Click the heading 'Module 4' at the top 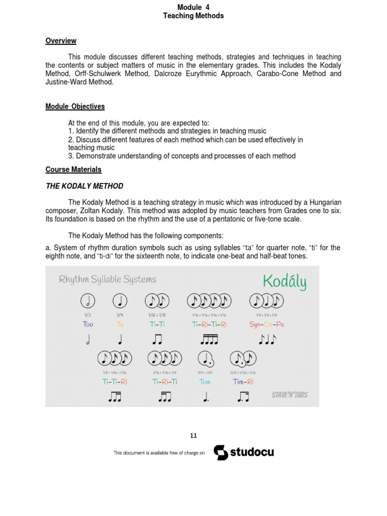click(x=193, y=7)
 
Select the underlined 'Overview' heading click(x=61, y=41)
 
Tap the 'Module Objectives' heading click(x=75, y=106)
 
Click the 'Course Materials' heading click(x=74, y=170)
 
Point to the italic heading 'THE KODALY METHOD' click(x=85, y=186)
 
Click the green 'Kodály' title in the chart click(x=284, y=282)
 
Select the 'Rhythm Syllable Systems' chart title click(x=108, y=279)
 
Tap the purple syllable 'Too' click(x=88, y=325)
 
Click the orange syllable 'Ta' click(x=120, y=325)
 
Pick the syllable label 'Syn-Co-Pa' click(x=267, y=325)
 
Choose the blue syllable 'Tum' click(x=205, y=382)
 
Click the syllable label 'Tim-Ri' click(x=243, y=382)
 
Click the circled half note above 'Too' click(x=88, y=301)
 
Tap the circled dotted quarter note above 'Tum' click(x=206, y=359)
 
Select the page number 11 click(x=193, y=436)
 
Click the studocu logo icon click(x=221, y=453)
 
